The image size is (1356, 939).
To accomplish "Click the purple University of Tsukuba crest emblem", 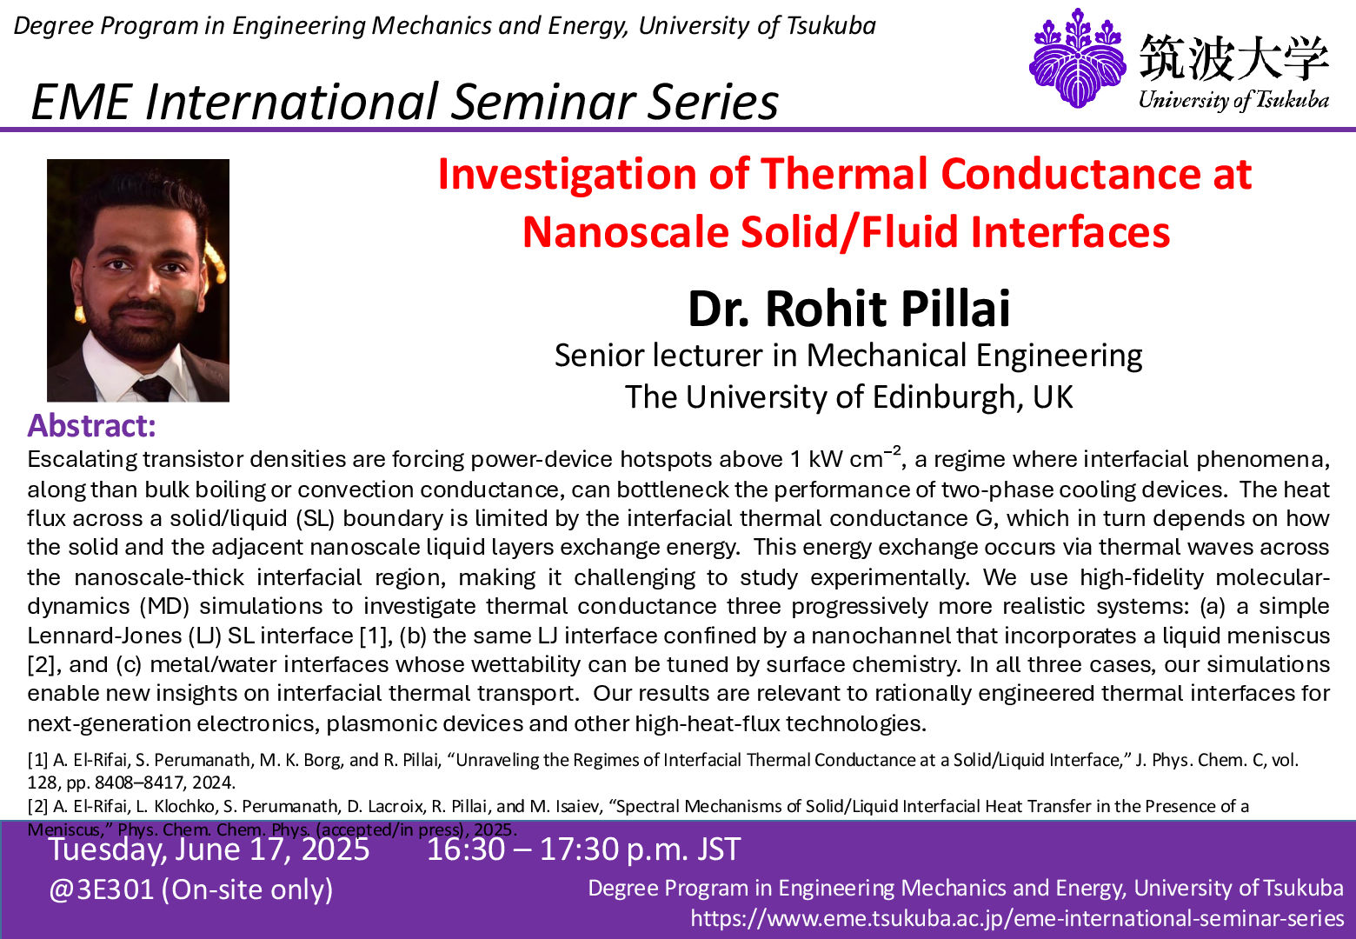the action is click(1078, 58).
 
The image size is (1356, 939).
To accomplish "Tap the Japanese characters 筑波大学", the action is click(1233, 58).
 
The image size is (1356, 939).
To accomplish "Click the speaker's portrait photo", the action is click(138, 280).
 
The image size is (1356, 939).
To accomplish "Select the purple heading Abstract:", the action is click(92, 426).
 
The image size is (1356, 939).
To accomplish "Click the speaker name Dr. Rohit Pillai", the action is click(848, 309).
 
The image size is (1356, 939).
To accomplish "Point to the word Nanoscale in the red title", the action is click(627, 232).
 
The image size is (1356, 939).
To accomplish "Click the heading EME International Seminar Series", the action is click(404, 101).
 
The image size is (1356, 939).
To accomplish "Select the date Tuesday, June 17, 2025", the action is click(209, 849).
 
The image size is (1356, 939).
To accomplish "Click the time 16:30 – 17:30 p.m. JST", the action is click(583, 849).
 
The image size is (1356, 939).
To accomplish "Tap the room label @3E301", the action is click(101, 889).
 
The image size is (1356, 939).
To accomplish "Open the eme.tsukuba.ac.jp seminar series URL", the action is click(1017, 918).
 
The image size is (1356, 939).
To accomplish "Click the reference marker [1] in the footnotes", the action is click(37, 760).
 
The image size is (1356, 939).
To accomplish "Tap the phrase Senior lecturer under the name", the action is click(658, 356).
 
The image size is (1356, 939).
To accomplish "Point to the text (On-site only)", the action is click(247, 889).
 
